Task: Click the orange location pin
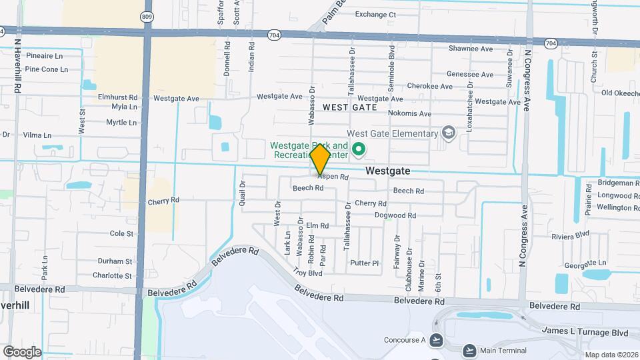321,159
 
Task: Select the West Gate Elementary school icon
448,133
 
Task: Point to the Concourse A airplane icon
436,340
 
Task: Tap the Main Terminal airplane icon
469,350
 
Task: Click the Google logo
22,351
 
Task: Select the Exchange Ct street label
375,14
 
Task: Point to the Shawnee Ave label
470,49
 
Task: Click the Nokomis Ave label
409,113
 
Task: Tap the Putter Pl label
364,263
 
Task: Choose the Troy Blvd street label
308,273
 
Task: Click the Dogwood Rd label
395,215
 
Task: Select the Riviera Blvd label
570,234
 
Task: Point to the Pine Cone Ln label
46,69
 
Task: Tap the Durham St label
115,261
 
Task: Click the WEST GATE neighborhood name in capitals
350,107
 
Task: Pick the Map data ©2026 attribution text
611,355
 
